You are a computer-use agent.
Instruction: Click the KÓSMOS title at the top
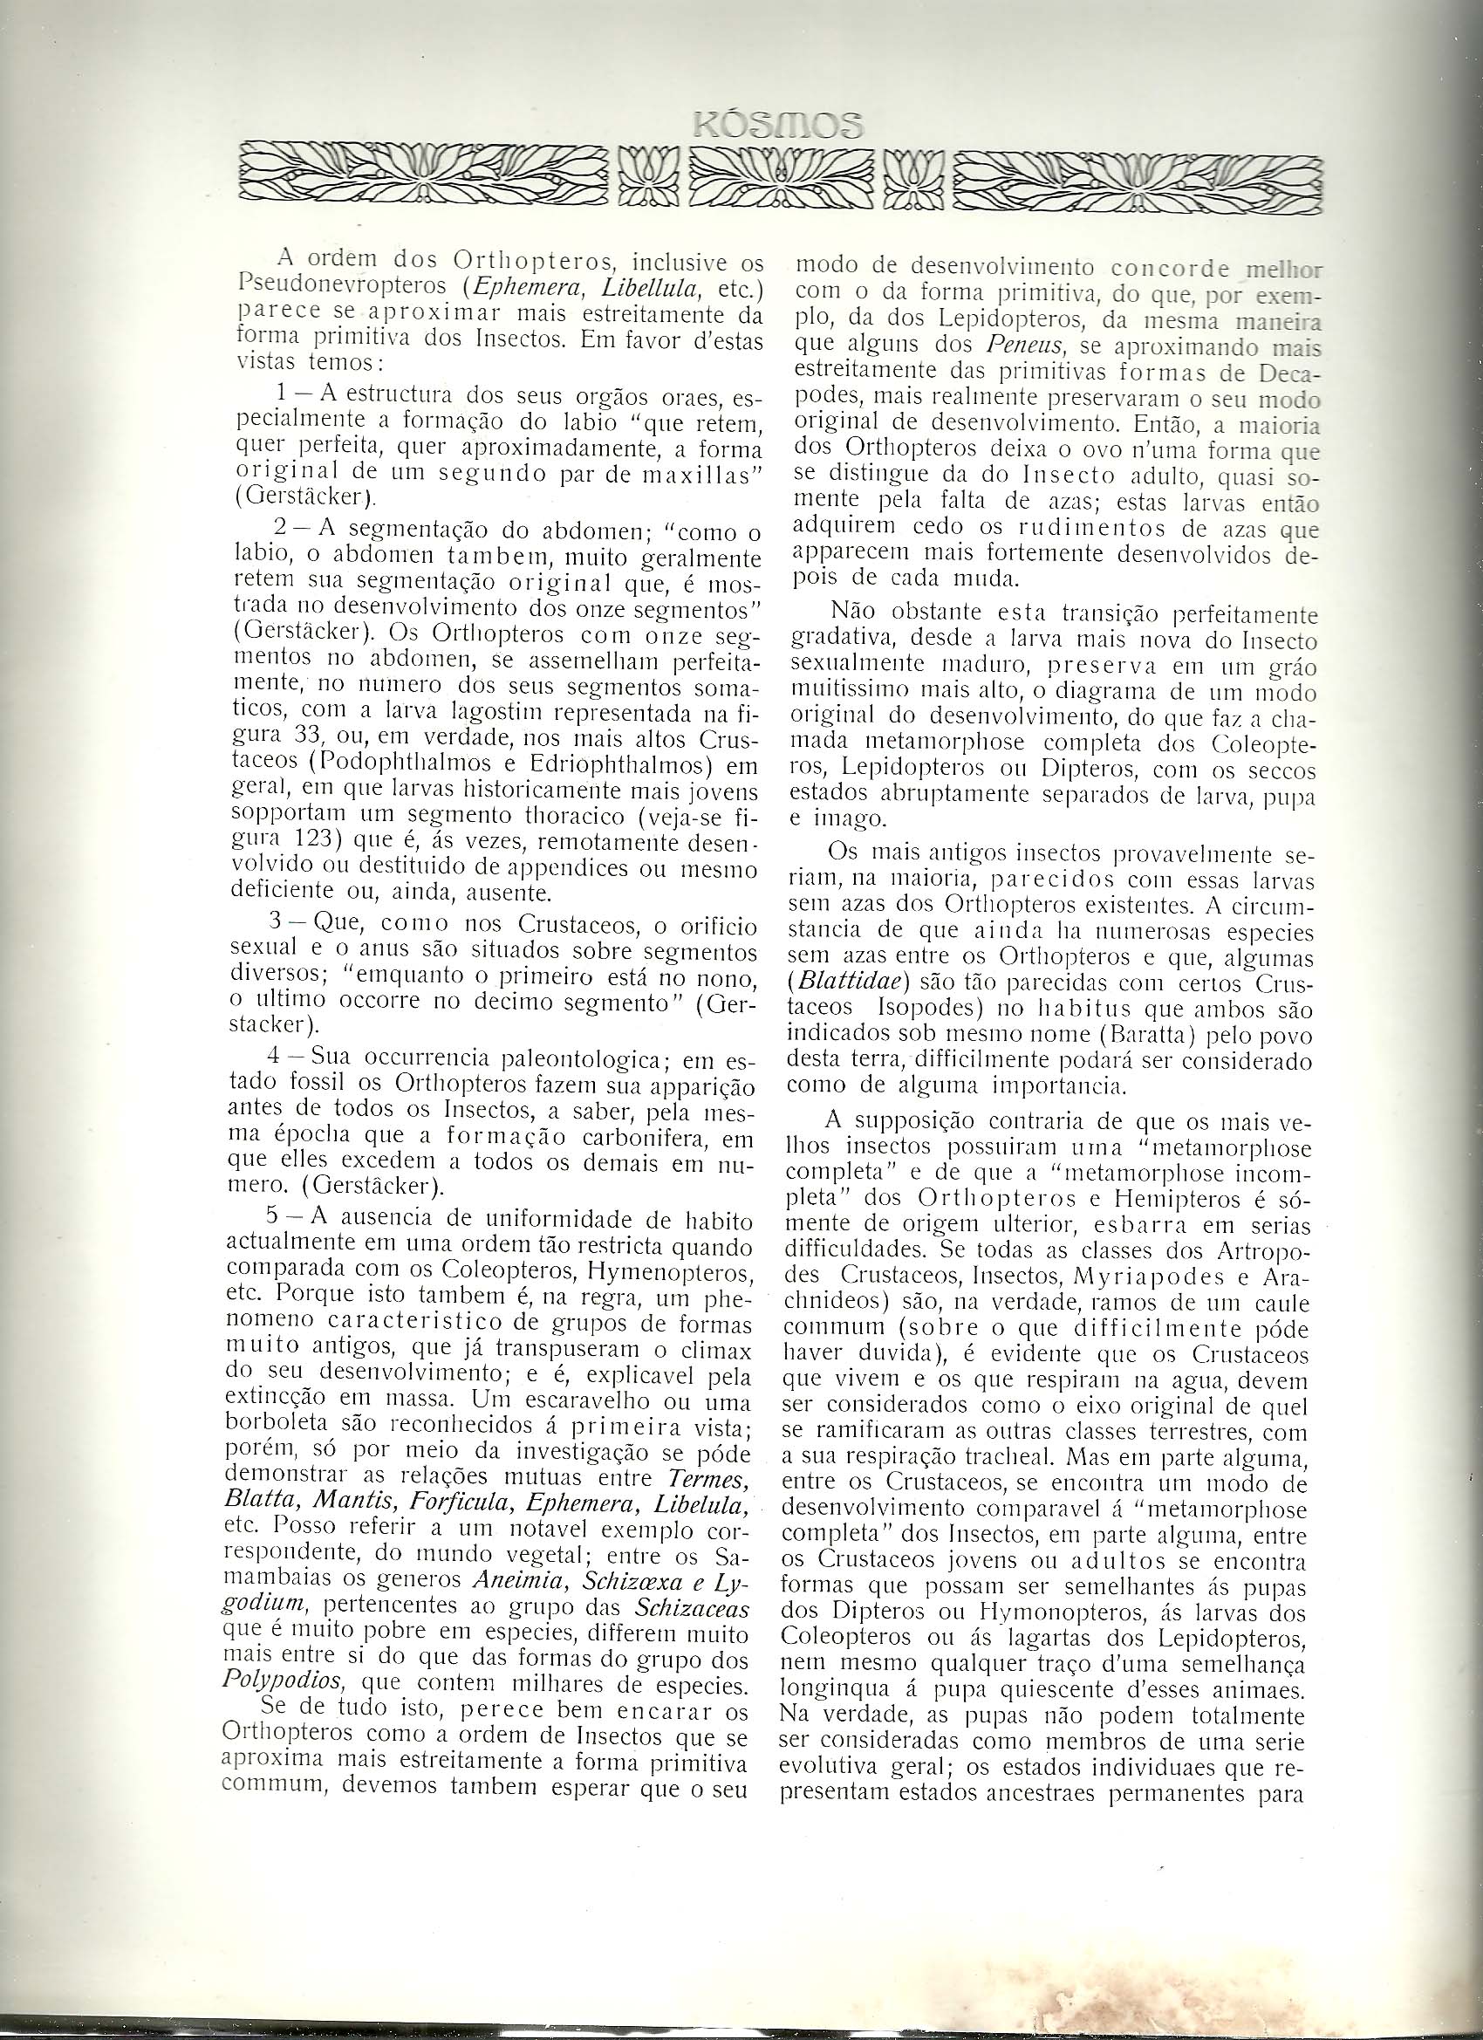tap(778, 123)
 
